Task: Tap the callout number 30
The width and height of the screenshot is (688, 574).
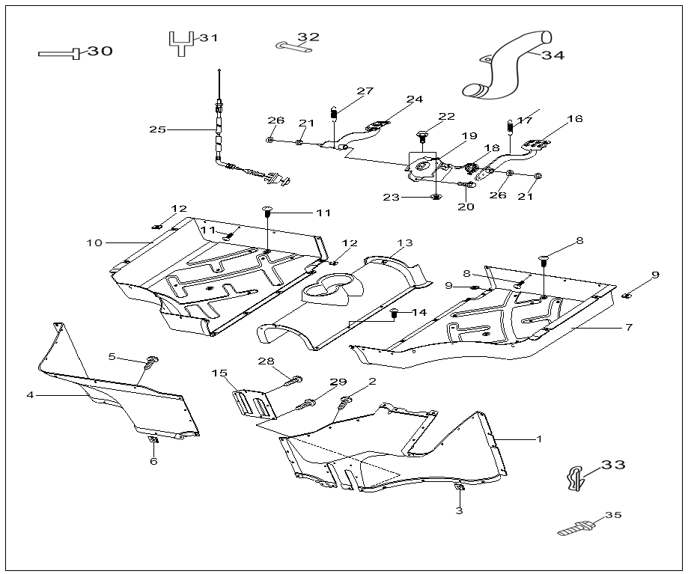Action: point(100,52)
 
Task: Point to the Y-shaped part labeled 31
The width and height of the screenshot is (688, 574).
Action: point(180,43)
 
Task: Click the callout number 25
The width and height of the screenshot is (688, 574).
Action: point(157,129)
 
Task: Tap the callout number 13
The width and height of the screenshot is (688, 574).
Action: point(405,243)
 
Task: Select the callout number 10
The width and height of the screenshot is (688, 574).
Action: point(94,242)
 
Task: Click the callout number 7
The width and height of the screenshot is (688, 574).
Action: point(629,327)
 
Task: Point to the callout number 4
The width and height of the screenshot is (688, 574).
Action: point(30,394)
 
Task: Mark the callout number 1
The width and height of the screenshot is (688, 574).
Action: point(538,439)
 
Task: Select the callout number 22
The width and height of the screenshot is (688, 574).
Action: point(447,117)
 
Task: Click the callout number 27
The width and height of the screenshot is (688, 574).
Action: point(365,92)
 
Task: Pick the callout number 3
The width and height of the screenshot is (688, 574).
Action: point(459,511)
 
